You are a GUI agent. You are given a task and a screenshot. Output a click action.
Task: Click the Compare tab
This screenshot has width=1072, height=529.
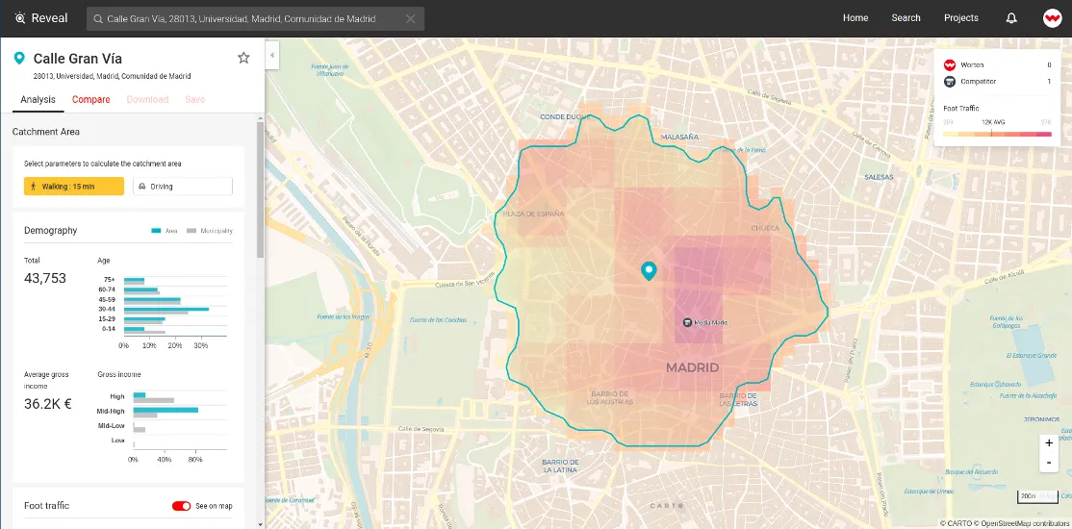[90, 99]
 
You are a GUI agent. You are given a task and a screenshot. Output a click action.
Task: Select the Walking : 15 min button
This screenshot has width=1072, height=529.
[74, 186]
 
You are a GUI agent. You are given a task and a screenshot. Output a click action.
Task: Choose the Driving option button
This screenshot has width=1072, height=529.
[183, 186]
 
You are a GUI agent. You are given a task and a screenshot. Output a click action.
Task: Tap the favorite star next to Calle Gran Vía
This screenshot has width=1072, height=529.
[243, 58]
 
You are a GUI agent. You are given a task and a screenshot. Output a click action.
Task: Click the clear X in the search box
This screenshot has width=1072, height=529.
[411, 18]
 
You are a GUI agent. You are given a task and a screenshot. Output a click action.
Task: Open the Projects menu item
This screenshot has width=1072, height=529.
[960, 18]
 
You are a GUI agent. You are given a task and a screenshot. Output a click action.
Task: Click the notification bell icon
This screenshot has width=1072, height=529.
[1011, 18]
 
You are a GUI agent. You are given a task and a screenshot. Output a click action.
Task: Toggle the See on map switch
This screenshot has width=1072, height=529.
[181, 506]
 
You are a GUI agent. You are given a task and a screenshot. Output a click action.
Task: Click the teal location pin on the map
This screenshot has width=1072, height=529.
[649, 270]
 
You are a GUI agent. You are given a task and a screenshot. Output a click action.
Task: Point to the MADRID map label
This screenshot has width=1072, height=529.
[692, 368]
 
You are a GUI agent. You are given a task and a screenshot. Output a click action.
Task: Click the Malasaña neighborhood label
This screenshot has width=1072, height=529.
[679, 138]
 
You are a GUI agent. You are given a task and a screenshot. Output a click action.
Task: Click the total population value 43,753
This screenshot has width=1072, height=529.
[45, 278]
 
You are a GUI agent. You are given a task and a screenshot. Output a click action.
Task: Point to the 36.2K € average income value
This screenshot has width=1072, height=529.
[48, 404]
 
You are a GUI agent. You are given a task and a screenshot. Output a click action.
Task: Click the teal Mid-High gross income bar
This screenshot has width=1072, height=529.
[166, 410]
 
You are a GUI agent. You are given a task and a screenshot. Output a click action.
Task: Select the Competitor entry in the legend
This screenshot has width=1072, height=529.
[978, 82]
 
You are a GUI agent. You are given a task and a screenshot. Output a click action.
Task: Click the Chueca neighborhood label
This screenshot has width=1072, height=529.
[765, 229]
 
